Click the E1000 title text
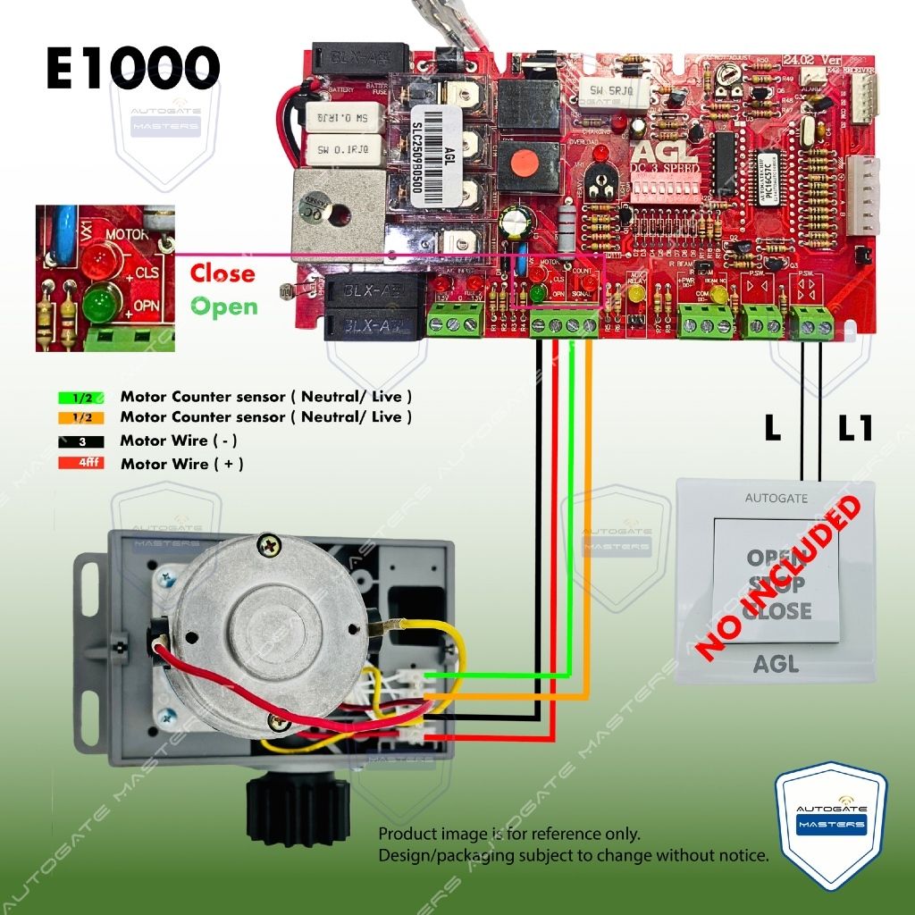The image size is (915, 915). pyautogui.click(x=133, y=69)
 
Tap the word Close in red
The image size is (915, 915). pyautogui.click(x=222, y=273)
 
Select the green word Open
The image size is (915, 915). pyautogui.click(x=223, y=306)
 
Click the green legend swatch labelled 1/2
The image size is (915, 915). pyautogui.click(x=80, y=395)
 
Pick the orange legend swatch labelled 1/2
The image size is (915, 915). pyautogui.click(x=80, y=417)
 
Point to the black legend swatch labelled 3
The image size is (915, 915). pyautogui.click(x=80, y=441)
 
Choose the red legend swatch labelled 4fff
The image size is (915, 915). pyautogui.click(x=80, y=464)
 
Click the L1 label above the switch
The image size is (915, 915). pyautogui.click(x=855, y=429)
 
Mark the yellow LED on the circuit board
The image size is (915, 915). pyautogui.click(x=636, y=293)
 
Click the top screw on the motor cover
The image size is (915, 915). pyautogui.click(x=268, y=542)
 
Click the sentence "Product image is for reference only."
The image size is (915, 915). pyautogui.click(x=509, y=835)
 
